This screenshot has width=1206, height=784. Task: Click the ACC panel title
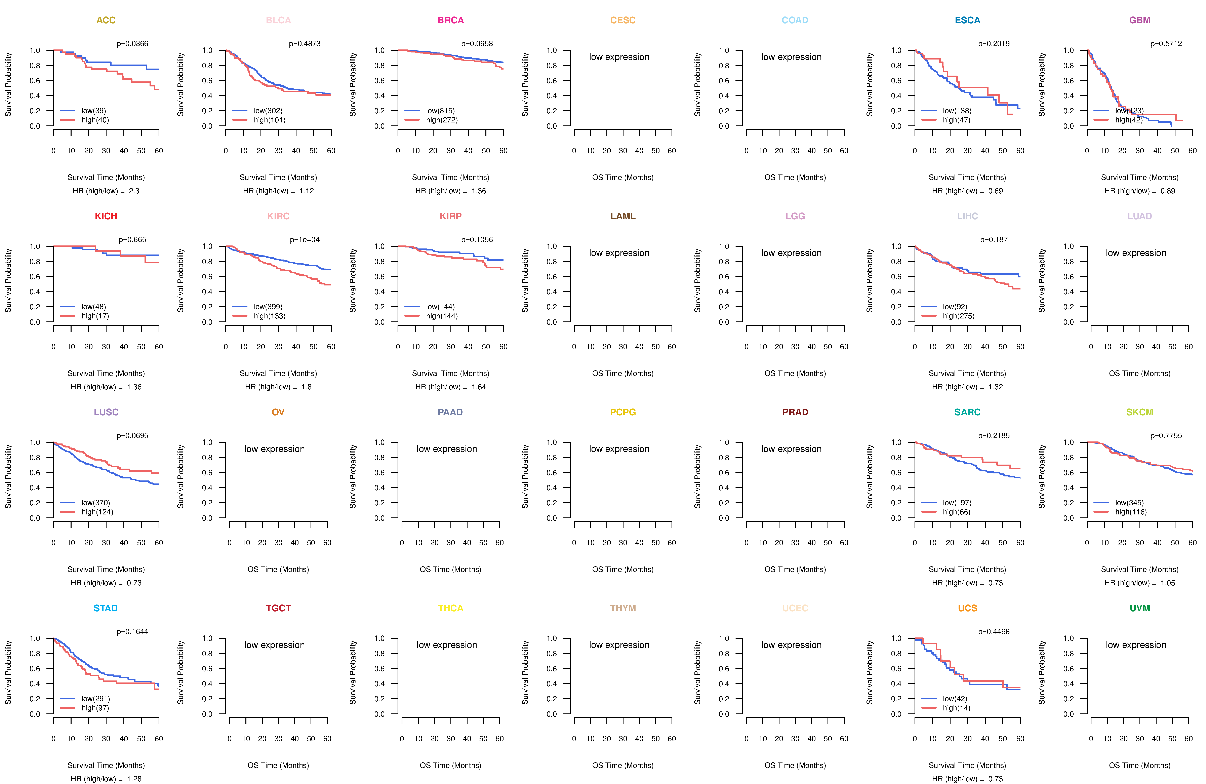pos(106,20)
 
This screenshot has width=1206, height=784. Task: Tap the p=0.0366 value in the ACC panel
pos(132,44)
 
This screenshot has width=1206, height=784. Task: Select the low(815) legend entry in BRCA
pos(440,111)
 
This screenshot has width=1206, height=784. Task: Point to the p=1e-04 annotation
pos(305,240)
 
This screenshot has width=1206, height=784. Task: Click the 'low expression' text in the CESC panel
pos(619,57)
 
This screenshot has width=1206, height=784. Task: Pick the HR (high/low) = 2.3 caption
pos(106,191)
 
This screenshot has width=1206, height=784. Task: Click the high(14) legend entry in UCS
pos(956,708)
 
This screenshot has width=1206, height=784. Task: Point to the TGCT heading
pos(278,608)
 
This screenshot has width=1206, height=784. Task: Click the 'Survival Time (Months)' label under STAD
pos(106,765)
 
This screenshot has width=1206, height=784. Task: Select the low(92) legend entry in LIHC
pos(955,307)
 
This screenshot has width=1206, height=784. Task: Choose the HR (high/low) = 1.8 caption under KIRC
pos(278,387)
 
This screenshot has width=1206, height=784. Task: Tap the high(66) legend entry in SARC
pos(956,512)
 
